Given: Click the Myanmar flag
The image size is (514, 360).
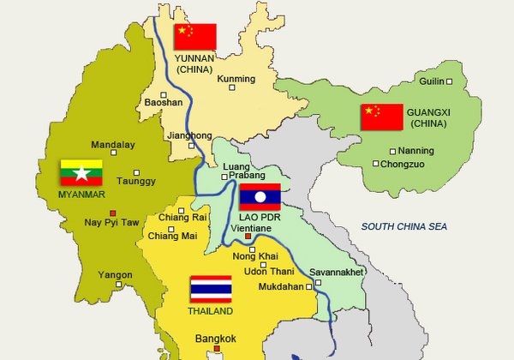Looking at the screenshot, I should click(x=81, y=173).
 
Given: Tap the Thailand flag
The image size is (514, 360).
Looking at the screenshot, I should click(x=211, y=289).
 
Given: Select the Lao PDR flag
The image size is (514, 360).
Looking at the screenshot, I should click(x=260, y=197).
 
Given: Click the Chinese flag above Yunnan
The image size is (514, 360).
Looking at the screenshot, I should click(x=195, y=37).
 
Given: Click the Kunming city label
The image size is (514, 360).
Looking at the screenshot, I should click(x=237, y=79).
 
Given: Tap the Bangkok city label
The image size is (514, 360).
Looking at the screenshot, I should click(x=215, y=338).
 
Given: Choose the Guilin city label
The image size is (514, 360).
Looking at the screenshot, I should click(x=433, y=81).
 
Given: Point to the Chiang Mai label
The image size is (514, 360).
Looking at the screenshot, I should click(x=172, y=236).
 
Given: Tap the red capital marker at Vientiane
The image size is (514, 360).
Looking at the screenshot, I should click(x=247, y=236).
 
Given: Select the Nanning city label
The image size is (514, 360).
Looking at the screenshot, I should click(x=417, y=151).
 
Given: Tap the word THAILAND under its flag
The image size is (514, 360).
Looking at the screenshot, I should click(x=210, y=310).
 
